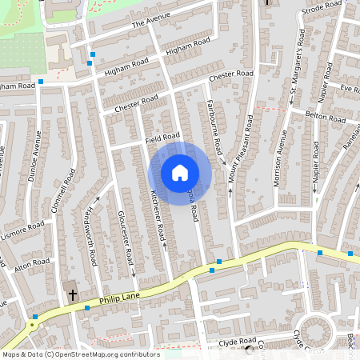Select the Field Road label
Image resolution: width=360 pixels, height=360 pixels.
point(163,138)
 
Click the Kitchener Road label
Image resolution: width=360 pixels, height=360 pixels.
point(157,217)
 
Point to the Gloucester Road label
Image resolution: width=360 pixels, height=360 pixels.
point(124,238)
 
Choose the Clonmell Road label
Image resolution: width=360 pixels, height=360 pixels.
point(54,199)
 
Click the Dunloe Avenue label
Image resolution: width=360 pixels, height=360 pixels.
point(34,157)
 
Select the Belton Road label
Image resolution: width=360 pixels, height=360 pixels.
point(324,116)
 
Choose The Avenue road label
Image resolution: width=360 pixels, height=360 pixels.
point(151,23)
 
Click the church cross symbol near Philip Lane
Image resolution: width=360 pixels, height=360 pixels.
point(72,294)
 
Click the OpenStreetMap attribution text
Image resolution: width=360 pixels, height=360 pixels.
point(81,354)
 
